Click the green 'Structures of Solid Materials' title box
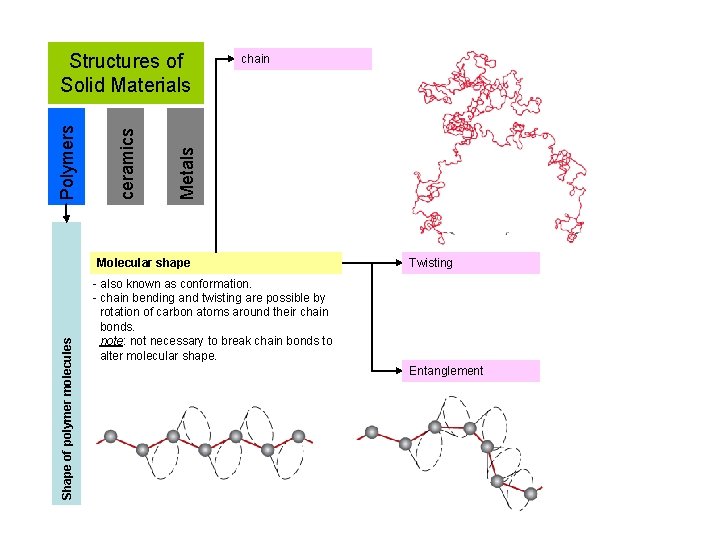[125, 73]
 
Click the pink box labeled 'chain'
[305, 59]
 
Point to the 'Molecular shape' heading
[142, 263]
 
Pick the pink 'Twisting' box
[470, 263]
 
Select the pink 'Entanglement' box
[470, 371]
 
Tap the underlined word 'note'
[111, 341]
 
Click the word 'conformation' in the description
[217, 284]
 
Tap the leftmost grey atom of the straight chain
[111, 436]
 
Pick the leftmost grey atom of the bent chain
[372, 432]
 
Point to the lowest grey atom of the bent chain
[531, 493]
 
